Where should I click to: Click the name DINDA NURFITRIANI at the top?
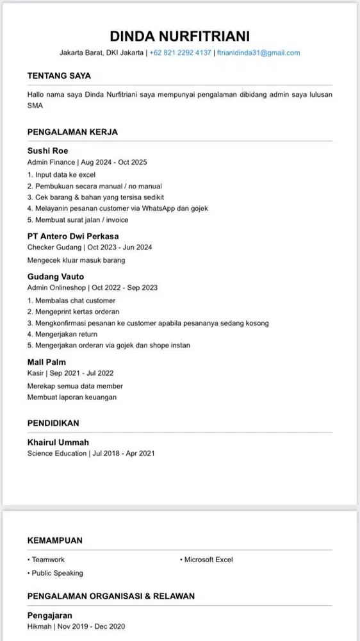point(179,35)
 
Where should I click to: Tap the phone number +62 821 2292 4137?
point(180,53)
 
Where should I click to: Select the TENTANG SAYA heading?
point(59,76)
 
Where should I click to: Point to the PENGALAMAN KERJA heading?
point(72,132)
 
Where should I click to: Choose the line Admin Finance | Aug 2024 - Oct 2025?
point(87,162)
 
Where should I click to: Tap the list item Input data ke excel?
point(61,174)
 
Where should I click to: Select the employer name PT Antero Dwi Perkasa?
point(73,236)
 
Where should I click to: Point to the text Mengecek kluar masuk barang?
point(76,260)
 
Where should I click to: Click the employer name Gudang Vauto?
point(55,276)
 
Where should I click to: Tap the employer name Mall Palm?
point(46,362)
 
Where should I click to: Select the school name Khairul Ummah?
point(58,442)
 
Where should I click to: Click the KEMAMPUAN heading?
point(55,540)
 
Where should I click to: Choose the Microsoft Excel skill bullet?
point(208,560)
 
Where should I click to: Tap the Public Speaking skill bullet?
point(56,573)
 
